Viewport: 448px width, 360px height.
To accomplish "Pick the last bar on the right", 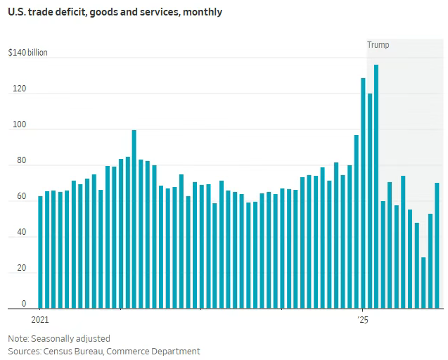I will (x=437, y=245).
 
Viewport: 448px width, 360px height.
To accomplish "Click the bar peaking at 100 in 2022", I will (x=134, y=219).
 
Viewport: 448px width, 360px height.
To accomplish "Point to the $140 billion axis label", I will (x=28, y=53).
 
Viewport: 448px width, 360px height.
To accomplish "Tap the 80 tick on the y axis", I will (x=21, y=161).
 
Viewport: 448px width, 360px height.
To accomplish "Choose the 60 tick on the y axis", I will (x=21, y=197).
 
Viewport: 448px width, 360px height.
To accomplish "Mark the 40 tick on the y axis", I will (x=21, y=233).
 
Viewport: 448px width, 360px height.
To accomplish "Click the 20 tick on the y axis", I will (x=21, y=269).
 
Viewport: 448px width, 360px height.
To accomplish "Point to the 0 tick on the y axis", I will (x=23, y=304).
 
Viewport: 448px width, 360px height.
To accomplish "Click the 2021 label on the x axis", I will (x=40, y=320).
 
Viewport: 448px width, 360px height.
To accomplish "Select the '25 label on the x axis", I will (x=363, y=320).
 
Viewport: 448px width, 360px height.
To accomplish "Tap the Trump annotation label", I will (x=378, y=45).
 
